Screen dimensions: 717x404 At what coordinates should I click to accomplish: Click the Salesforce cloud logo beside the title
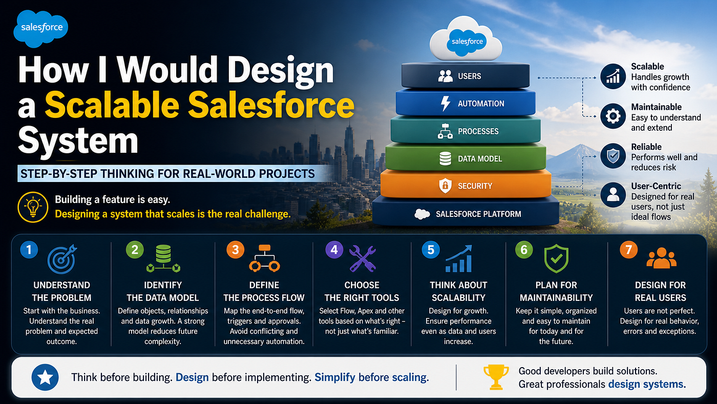(x=40, y=28)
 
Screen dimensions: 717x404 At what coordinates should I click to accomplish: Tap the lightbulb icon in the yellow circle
(x=33, y=207)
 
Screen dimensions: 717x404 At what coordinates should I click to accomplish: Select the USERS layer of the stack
(x=466, y=75)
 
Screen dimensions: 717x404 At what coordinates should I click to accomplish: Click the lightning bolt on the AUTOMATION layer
(x=445, y=104)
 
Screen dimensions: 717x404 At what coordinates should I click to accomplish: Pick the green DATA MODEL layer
(x=466, y=158)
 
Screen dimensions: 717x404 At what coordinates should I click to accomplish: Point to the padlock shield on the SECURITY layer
(x=445, y=186)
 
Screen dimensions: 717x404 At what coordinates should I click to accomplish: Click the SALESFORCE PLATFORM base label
(x=478, y=214)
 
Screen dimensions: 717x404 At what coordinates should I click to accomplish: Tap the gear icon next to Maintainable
(x=613, y=116)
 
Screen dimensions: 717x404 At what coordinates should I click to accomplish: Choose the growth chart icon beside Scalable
(x=613, y=76)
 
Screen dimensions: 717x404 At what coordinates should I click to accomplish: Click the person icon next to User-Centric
(x=613, y=195)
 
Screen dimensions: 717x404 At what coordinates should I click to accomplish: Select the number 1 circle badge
(x=29, y=250)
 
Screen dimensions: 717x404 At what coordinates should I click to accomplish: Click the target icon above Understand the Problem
(x=62, y=259)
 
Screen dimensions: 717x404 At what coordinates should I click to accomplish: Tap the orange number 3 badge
(x=235, y=250)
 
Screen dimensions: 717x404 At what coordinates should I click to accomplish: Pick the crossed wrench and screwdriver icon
(x=363, y=258)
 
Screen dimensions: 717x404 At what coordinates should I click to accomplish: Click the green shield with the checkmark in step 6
(x=556, y=258)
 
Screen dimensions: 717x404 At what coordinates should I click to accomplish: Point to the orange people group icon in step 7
(x=661, y=258)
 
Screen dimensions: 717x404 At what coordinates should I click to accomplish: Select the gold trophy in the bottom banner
(x=496, y=377)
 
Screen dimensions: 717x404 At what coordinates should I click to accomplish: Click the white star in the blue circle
(x=45, y=377)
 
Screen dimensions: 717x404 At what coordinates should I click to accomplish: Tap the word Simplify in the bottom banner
(x=335, y=377)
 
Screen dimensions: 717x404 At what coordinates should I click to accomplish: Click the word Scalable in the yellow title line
(x=112, y=105)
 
